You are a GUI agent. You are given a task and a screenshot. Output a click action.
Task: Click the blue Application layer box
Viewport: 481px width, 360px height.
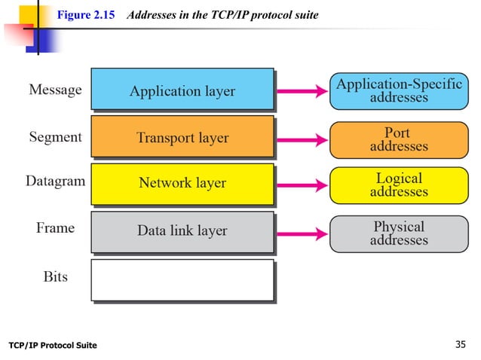point(182,91)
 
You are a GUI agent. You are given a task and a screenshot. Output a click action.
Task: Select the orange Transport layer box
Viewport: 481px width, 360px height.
point(182,138)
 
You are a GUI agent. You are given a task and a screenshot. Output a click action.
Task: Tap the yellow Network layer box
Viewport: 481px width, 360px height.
point(182,184)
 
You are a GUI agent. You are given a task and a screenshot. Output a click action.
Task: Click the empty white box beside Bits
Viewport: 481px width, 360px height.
point(182,280)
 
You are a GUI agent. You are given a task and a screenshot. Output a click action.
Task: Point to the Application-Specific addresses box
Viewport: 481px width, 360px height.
point(398,91)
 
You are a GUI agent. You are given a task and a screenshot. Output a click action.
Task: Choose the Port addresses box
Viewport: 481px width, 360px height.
point(398,139)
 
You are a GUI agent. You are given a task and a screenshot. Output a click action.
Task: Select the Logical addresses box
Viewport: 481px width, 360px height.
point(398,185)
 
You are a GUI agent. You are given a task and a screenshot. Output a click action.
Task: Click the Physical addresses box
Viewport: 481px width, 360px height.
point(398,233)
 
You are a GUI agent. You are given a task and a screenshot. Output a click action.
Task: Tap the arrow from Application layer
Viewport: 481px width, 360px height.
point(302,92)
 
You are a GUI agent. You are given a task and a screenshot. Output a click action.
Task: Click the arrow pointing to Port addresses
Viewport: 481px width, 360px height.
point(302,139)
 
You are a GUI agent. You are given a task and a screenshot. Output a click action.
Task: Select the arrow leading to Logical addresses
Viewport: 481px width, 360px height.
point(302,185)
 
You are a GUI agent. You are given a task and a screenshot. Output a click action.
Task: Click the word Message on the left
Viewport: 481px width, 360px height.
point(55,90)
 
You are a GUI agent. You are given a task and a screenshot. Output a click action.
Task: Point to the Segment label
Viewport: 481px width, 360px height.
point(55,138)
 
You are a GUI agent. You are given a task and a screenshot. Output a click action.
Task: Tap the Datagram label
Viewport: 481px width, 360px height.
point(55,182)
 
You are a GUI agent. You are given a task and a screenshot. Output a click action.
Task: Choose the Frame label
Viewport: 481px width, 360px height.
point(55,228)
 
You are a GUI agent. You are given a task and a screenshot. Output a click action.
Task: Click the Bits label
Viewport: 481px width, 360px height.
point(55,276)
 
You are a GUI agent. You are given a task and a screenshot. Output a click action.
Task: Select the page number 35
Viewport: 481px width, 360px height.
point(462,345)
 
